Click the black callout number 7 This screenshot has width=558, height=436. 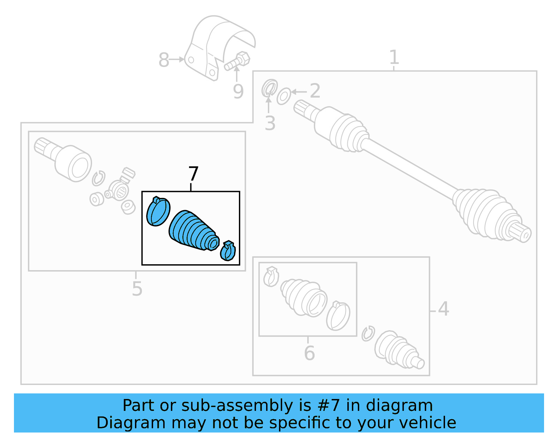coord(193,173)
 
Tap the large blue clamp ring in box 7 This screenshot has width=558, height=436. coord(158,212)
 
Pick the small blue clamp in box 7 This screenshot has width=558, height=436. coord(228,251)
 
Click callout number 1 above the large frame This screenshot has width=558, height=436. coord(394,57)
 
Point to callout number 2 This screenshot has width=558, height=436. coord(315,91)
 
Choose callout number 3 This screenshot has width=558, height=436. coord(270,124)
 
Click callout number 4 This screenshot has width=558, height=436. coord(443,309)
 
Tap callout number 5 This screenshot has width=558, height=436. coord(137,289)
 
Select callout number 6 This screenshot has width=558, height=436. coord(309,353)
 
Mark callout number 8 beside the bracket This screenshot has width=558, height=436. coord(164,60)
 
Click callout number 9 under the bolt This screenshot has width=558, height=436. coord(238,92)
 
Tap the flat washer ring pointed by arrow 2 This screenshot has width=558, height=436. coord(284,96)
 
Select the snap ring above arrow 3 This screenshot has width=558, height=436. coord(269,88)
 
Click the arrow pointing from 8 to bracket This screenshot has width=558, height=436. coord(177,59)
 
